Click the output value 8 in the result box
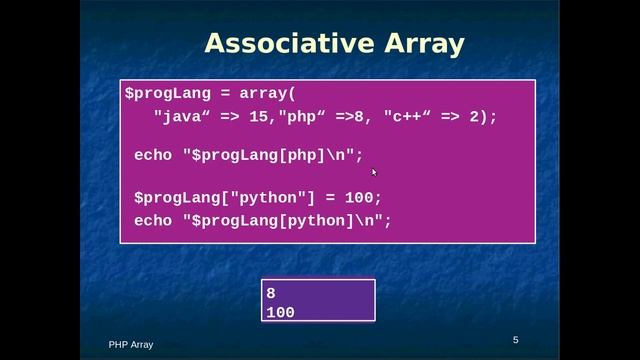point(271,293)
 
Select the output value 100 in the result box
point(280,312)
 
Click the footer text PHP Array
point(131,345)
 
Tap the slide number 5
point(516,340)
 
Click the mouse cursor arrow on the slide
point(374,172)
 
